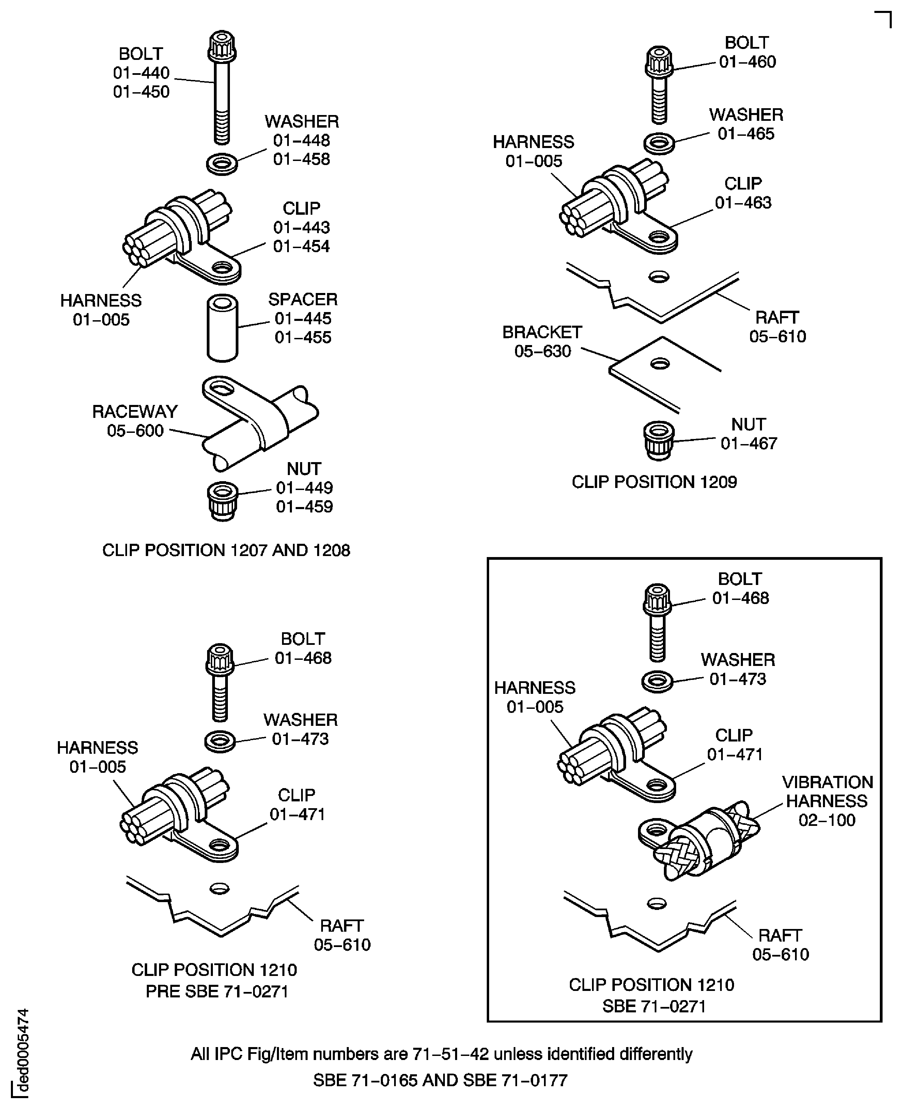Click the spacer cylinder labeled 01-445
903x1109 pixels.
(x=223, y=328)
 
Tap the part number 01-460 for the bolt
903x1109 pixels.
(x=747, y=62)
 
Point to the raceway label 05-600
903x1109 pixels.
(x=135, y=430)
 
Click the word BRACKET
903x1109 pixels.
(x=542, y=332)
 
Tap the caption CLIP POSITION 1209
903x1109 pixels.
(x=654, y=482)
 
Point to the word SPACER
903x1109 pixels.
(x=303, y=299)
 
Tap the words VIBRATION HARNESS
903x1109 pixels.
(x=827, y=792)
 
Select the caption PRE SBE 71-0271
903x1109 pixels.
(x=217, y=992)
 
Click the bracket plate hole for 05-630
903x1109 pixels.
(x=659, y=363)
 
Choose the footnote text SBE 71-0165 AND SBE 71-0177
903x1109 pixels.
(x=440, y=1080)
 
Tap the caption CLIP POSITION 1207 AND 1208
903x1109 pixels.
(x=226, y=550)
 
